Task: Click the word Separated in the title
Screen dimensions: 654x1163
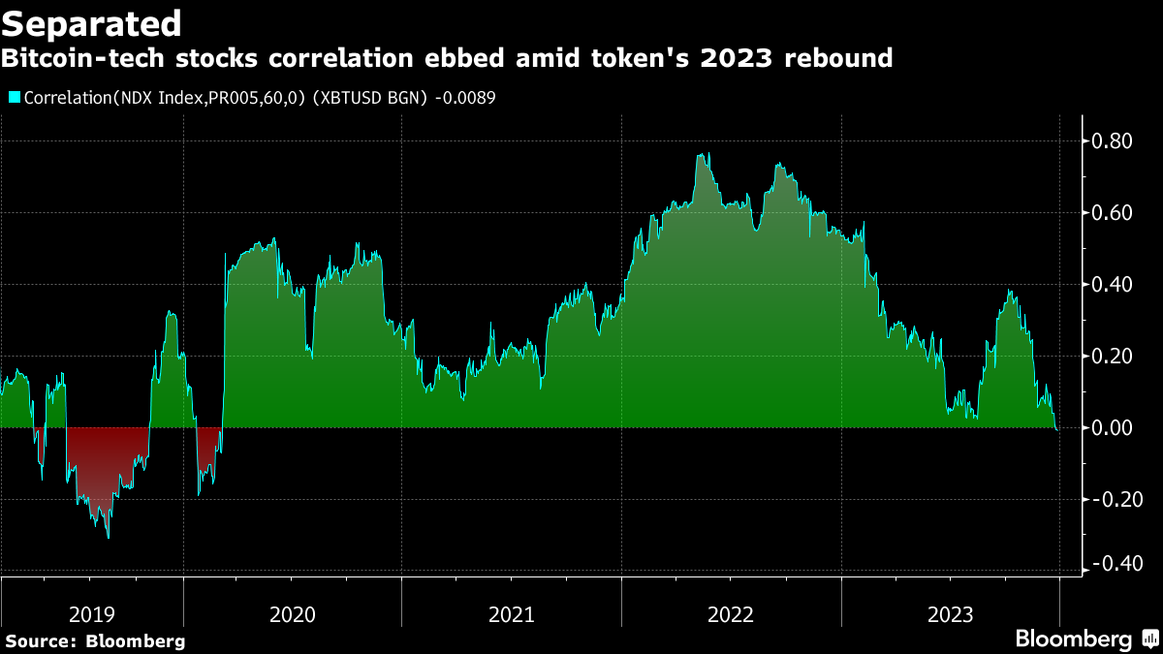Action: (x=91, y=22)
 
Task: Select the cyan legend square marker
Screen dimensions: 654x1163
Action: (x=14, y=97)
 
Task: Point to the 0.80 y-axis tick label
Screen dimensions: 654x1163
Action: (x=1112, y=141)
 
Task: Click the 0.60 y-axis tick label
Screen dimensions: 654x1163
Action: (x=1112, y=213)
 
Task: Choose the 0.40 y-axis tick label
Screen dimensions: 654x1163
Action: (x=1112, y=285)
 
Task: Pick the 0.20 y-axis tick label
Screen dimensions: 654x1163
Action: (x=1112, y=357)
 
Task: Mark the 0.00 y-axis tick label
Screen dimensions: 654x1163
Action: (x=1112, y=428)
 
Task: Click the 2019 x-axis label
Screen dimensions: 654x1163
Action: (x=92, y=614)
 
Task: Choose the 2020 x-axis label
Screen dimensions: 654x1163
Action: (x=293, y=614)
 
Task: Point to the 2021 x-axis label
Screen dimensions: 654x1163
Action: (x=512, y=614)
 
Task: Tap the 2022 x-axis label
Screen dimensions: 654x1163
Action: (x=732, y=614)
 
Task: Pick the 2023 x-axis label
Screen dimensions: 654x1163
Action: (x=951, y=614)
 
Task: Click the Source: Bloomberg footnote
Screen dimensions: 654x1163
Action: (x=95, y=640)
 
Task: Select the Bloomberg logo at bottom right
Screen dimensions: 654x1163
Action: (x=1085, y=638)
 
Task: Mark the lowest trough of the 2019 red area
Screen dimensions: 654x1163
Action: (x=108, y=537)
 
